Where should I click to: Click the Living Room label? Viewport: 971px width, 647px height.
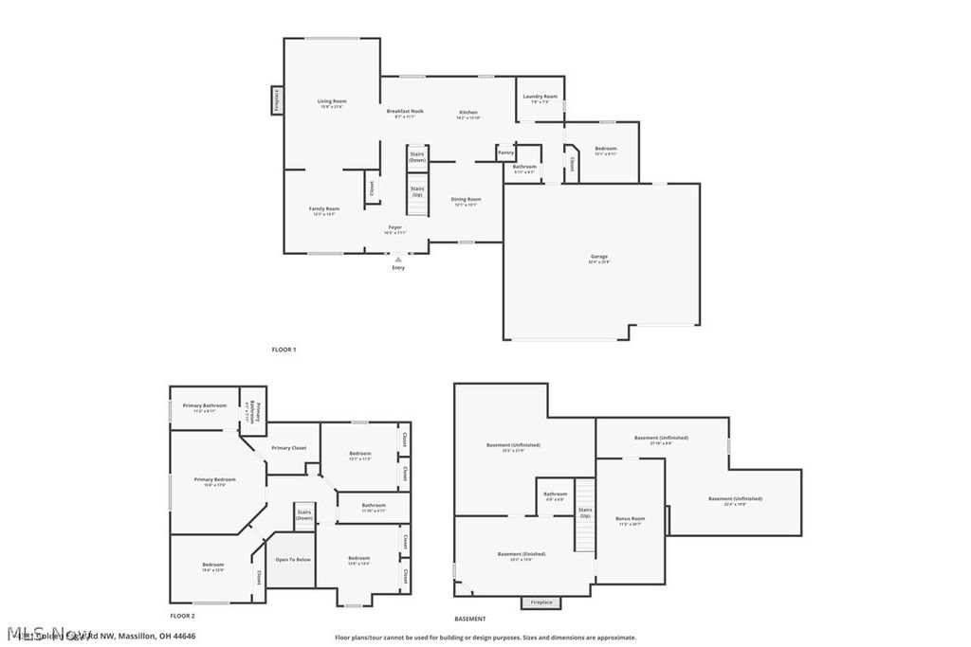[332, 101]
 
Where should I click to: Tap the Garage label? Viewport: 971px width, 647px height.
[598, 257]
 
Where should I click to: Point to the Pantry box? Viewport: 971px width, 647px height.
[505, 153]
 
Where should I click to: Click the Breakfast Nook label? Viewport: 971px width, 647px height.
[405, 112]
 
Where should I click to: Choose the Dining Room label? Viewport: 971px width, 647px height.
[467, 200]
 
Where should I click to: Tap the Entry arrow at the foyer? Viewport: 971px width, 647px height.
[398, 259]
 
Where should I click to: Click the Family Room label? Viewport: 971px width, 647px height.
[324, 209]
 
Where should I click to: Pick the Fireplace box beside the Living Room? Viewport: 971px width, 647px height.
[276, 100]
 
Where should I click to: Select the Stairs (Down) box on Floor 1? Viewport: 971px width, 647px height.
[417, 157]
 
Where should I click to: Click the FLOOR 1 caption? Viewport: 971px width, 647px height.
[284, 350]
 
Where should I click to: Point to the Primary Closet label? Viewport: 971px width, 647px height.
[288, 448]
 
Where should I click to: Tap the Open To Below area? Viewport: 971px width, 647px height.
[293, 560]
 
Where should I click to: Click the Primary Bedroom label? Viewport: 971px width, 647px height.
[215, 480]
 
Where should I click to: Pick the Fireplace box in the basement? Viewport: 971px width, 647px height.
[540, 602]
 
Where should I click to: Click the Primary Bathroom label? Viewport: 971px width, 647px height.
[204, 406]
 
